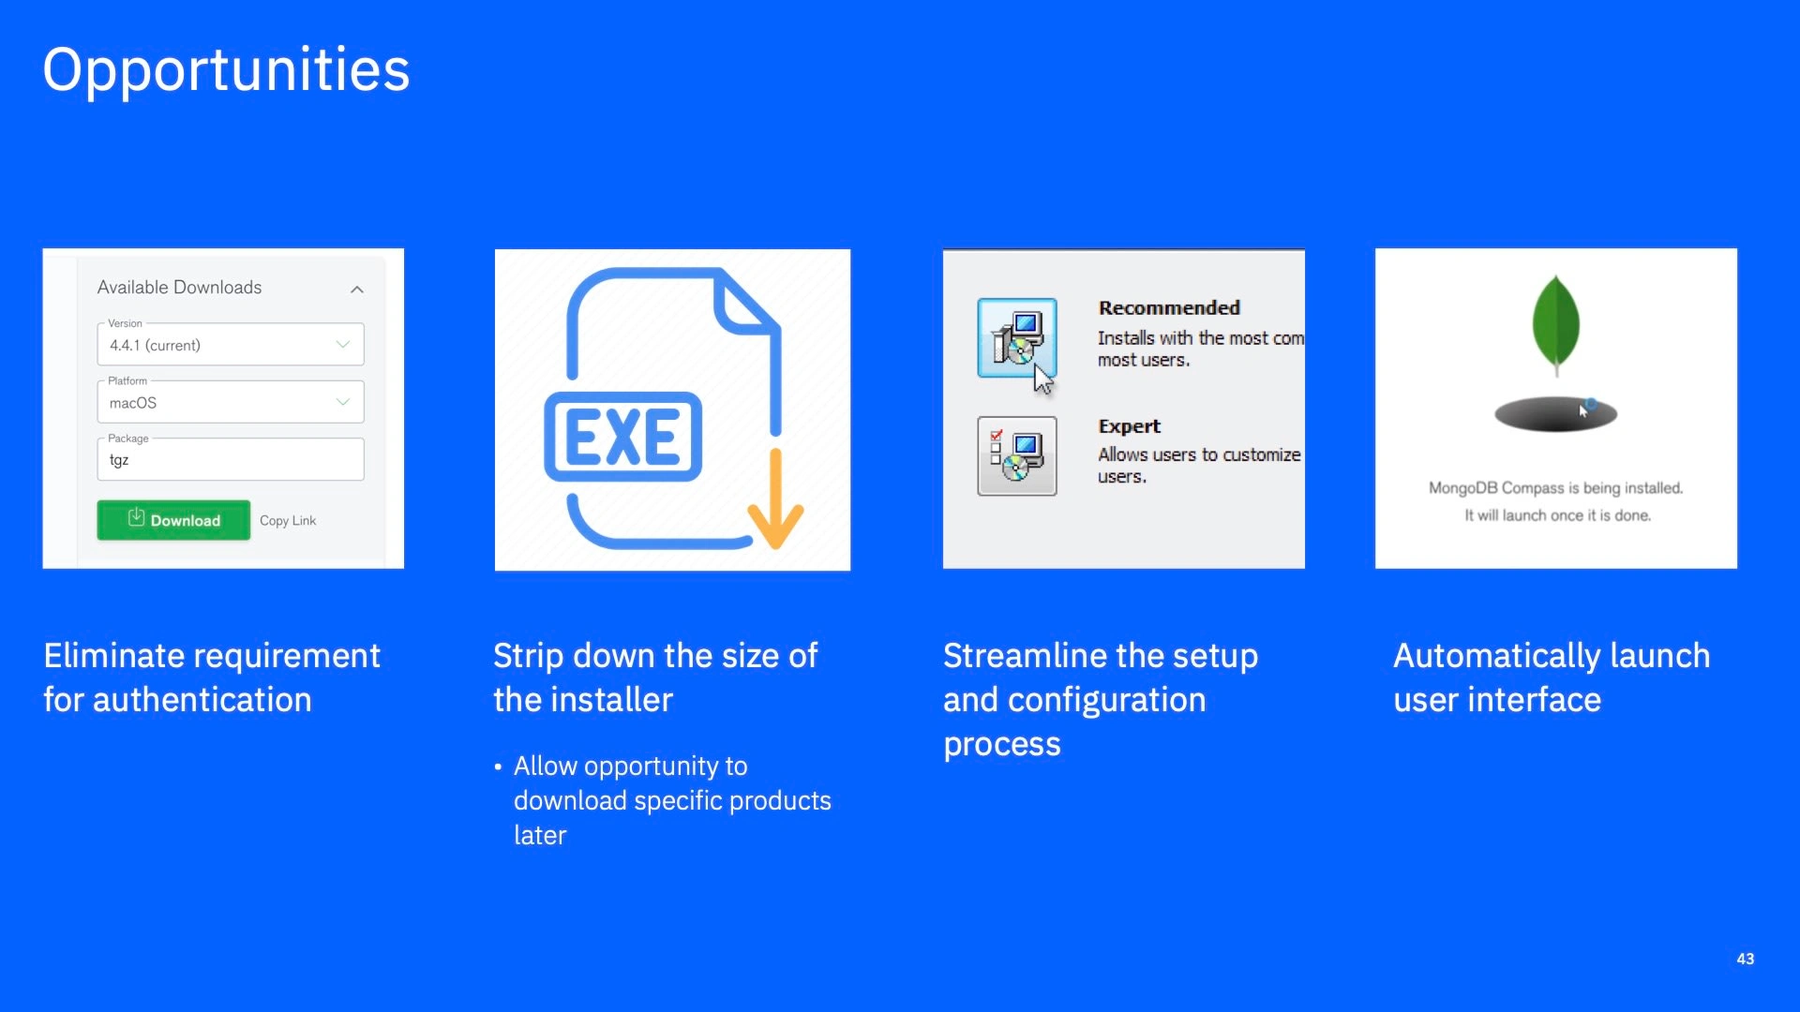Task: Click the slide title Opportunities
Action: (226, 70)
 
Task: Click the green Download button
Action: (173, 520)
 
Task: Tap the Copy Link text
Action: (288, 521)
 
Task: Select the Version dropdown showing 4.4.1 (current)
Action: (231, 345)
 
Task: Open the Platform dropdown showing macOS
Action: (231, 402)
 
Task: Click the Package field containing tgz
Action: (231, 459)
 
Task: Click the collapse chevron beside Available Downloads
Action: (357, 290)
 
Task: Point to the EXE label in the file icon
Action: (622, 437)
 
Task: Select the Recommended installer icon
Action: (1017, 338)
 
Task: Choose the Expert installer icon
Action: (1017, 456)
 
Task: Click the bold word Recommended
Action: (1169, 308)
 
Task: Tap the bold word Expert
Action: (1130, 426)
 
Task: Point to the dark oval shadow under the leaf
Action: (1556, 414)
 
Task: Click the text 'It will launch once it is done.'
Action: (1558, 515)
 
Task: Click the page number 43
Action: (1746, 959)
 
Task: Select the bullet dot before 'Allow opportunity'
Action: (498, 767)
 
